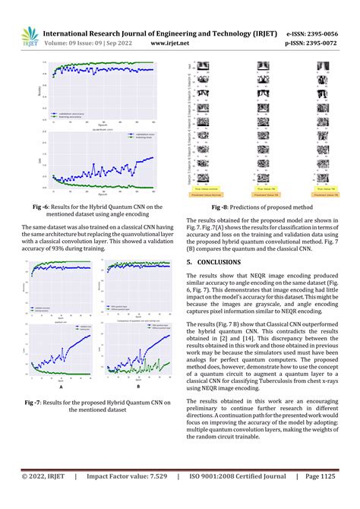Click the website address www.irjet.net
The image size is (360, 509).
(169, 44)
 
